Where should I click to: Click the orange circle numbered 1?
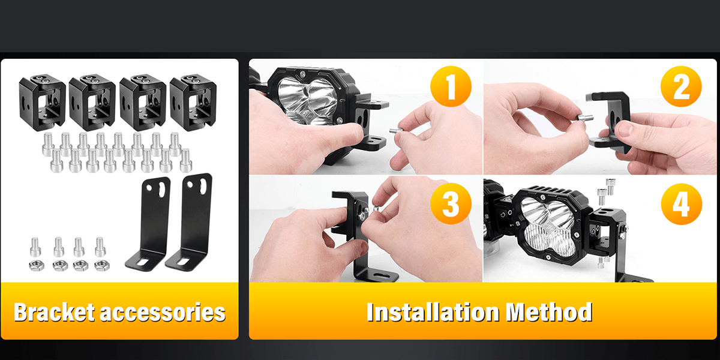point(451,86)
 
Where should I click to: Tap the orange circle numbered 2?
point(681,86)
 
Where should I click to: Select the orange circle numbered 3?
point(451,204)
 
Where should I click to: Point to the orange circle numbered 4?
point(682,204)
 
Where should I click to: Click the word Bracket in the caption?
point(55,312)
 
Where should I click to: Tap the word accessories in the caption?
point(163,313)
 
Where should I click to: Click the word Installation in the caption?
point(433,312)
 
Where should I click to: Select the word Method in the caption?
point(549,312)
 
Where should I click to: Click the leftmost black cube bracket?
point(42,103)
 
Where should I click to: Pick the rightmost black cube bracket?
point(193,103)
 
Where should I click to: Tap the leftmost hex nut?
point(37,265)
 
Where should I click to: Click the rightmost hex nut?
point(102,265)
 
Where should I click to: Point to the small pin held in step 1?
point(396,131)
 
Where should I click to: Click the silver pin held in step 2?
point(584,118)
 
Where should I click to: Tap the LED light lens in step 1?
point(308,100)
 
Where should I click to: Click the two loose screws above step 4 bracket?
point(606,191)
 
